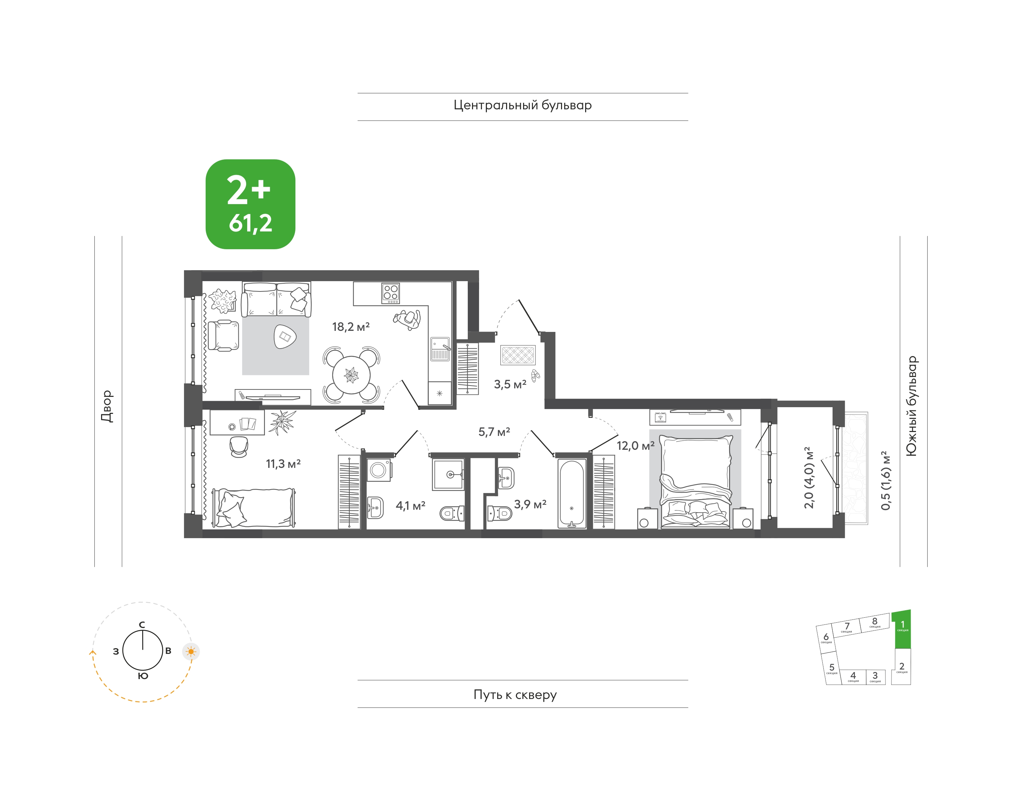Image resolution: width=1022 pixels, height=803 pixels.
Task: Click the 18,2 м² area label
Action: click(351, 326)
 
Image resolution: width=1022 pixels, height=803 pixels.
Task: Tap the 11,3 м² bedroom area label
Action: click(283, 464)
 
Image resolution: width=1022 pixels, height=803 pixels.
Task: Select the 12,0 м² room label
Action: click(635, 445)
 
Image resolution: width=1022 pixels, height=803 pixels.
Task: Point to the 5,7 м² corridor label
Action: click(494, 432)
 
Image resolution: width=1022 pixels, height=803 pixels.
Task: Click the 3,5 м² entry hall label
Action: click(510, 384)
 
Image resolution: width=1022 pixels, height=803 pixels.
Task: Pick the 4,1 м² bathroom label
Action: click(411, 506)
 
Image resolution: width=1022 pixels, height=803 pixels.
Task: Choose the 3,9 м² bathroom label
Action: click(530, 504)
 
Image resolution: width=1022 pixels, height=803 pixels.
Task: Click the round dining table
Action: click(351, 375)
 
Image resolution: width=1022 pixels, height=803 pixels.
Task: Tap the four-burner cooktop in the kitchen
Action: click(391, 293)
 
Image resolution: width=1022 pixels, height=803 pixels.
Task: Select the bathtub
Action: click(572, 494)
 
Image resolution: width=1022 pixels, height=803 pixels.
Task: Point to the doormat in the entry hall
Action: click(518, 355)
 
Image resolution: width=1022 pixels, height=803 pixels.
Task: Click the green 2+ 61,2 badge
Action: click(250, 204)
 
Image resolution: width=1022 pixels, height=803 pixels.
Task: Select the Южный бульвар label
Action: click(911, 406)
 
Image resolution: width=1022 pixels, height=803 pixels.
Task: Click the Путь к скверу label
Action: click(515, 694)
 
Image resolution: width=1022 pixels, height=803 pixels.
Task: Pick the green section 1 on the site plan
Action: click(902, 629)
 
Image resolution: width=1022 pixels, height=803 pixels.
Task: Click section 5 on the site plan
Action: click(832, 668)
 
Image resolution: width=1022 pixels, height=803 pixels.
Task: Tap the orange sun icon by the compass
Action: click(191, 652)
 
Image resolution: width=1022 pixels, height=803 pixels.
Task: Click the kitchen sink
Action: click(440, 349)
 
